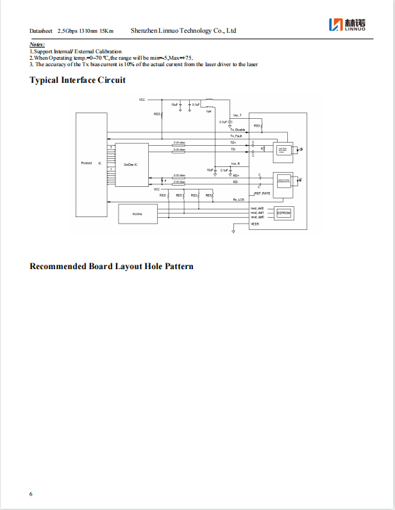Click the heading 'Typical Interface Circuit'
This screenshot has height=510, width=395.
point(78,80)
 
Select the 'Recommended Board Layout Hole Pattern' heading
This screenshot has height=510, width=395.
point(112,267)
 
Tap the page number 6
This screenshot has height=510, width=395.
point(31,493)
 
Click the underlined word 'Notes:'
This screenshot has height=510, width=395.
point(37,44)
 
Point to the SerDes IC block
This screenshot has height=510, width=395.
point(131,164)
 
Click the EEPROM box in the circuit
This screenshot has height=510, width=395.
point(283,213)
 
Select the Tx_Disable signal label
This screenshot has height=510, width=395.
point(238,130)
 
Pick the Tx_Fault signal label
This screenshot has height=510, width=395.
point(236,136)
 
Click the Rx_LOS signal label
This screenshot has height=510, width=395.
point(239,200)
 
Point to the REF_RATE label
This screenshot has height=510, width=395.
point(262,193)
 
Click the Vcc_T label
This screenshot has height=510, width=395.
point(237,114)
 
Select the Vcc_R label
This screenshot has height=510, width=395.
point(235,164)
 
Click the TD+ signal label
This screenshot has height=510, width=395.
point(233,143)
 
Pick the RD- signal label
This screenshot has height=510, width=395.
point(236,182)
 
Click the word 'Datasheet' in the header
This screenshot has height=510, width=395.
point(41,31)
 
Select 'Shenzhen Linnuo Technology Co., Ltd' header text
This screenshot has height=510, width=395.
point(183,30)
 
